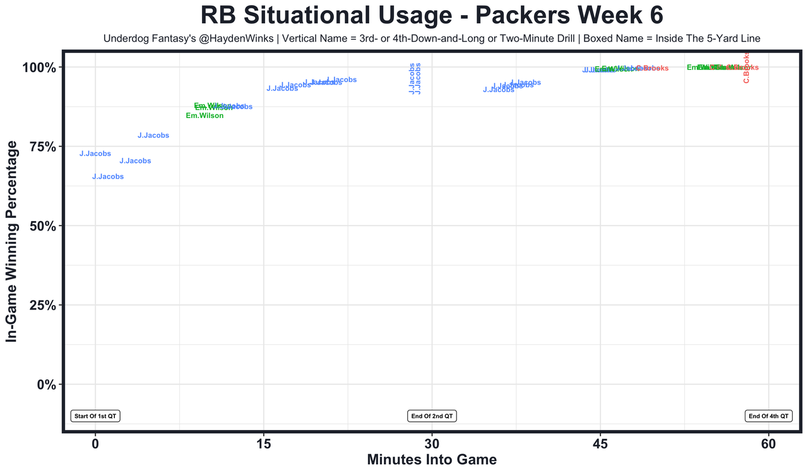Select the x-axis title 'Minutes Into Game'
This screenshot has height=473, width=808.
coord(432,459)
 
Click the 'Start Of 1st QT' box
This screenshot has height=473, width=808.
coord(95,416)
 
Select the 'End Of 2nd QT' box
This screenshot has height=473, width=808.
coord(432,416)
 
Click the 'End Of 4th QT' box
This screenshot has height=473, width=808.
coord(768,416)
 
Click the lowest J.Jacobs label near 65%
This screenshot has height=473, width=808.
coord(108,177)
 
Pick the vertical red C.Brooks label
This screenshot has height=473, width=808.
coord(746,68)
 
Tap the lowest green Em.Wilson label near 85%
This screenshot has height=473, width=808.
coord(205,116)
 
